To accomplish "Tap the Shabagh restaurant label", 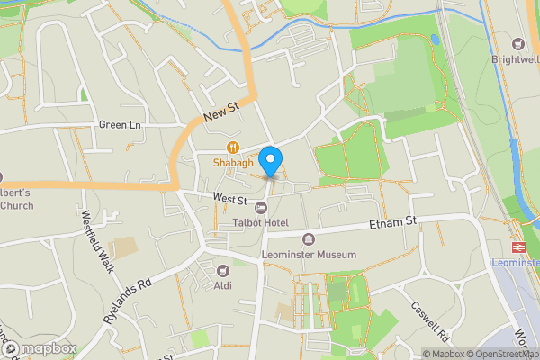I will [x=232, y=163].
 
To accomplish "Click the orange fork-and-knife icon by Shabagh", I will [x=232, y=148].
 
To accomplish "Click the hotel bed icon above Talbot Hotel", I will [x=260, y=208].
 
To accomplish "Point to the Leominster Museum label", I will [x=309, y=255].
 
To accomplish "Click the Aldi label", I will [x=223, y=285].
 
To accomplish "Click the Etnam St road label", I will [x=393, y=220].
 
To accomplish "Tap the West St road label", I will [x=229, y=198].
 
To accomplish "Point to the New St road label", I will [x=220, y=112].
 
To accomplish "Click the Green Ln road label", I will [x=121, y=124].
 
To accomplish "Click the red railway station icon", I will [x=519, y=247].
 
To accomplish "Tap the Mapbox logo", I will [x=40, y=348].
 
